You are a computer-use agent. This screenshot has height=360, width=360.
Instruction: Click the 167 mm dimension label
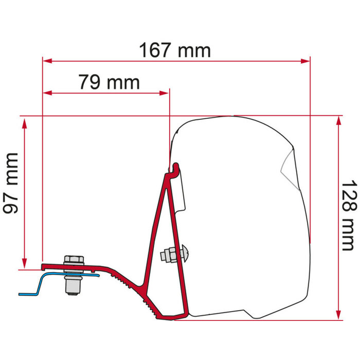click(x=175, y=50)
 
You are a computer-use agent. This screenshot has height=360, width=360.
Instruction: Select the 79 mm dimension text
click(x=109, y=82)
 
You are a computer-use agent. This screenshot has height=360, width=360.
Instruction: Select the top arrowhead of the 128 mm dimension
click(x=338, y=120)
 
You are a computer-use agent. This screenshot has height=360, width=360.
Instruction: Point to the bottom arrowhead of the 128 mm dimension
click(x=338, y=315)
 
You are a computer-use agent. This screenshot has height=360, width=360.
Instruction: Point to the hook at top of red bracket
click(x=176, y=169)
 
